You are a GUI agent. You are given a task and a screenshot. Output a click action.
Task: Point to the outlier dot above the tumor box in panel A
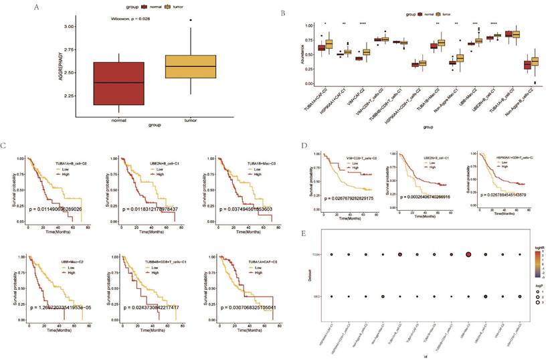tap(191, 20)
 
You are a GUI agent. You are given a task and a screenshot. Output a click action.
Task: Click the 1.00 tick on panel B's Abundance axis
tap(306, 25)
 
